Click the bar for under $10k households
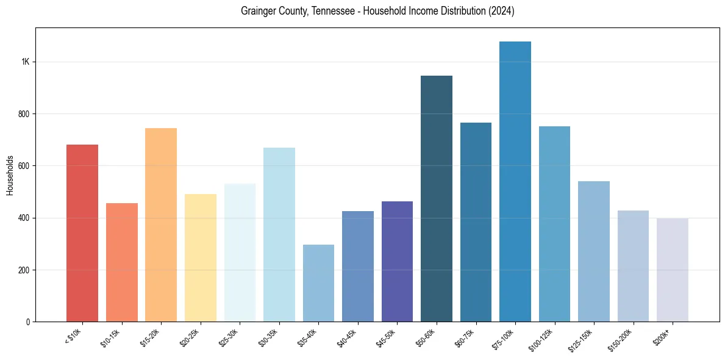[x=82, y=233]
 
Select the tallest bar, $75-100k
[x=515, y=182]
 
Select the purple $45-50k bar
[x=397, y=262]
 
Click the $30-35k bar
[x=279, y=235]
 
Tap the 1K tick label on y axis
[x=25, y=62]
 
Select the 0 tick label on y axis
[x=28, y=322]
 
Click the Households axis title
[x=10, y=175]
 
